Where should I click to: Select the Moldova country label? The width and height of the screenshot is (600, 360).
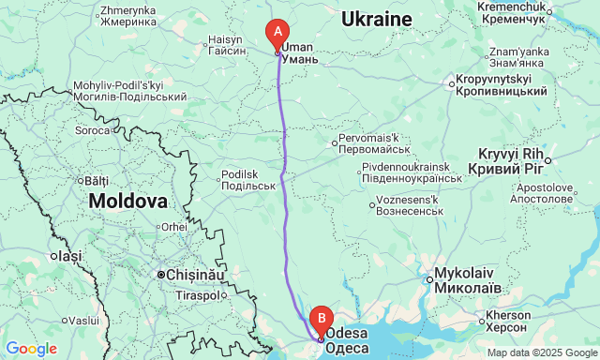click(x=128, y=201)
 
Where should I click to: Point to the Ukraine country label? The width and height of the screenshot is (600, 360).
click(x=376, y=20)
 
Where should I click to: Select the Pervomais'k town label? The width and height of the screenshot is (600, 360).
click(x=377, y=143)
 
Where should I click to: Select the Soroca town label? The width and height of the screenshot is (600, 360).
click(x=93, y=130)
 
